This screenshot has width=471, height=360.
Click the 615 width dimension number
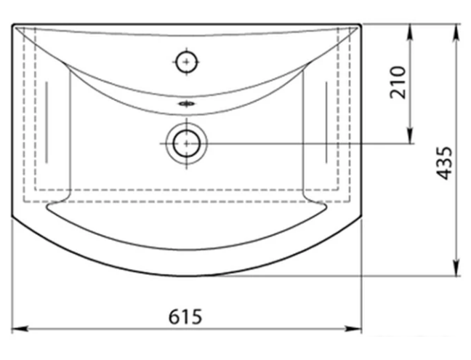(185, 316)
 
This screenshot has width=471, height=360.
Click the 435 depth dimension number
(444, 163)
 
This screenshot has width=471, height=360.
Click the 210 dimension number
(398, 82)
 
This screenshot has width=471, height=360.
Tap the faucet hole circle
(187, 62)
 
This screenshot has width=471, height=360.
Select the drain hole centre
(187, 144)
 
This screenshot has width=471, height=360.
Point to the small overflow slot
(187, 104)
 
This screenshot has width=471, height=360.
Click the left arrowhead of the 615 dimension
(20, 329)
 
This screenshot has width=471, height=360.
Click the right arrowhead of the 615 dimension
(353, 329)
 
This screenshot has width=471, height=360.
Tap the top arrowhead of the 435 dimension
(456, 32)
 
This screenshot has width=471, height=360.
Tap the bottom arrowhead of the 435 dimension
(456, 268)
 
